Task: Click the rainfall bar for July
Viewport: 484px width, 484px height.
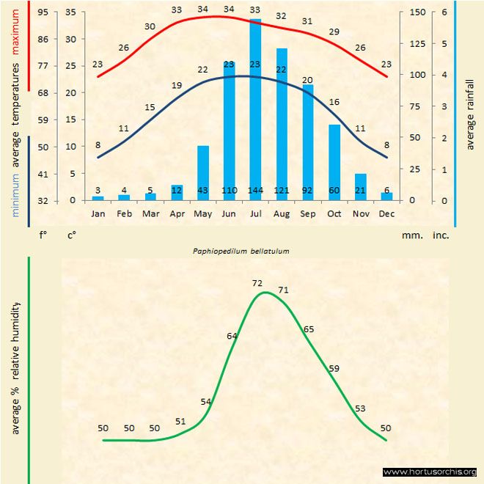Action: (255, 110)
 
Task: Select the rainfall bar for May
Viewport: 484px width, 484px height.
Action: (203, 173)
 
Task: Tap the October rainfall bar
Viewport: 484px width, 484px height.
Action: (334, 162)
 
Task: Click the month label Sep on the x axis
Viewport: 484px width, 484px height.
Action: (307, 213)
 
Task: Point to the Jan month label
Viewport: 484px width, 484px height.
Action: (98, 213)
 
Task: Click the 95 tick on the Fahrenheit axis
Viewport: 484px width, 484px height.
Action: (43, 12)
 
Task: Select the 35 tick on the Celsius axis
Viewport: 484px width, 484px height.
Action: (70, 12)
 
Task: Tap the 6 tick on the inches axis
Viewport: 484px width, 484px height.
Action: (443, 12)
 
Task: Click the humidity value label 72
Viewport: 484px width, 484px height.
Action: (257, 282)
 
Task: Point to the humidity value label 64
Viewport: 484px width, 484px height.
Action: (232, 336)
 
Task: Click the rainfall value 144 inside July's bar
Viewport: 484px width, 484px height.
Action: (255, 191)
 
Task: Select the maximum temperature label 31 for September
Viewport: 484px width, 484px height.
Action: (307, 21)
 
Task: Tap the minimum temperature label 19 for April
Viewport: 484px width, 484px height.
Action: (177, 86)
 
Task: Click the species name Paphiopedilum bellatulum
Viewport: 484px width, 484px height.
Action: (241, 250)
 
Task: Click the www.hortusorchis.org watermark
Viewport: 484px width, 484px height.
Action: (430, 472)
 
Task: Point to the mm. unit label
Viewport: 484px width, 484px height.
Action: (411, 235)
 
